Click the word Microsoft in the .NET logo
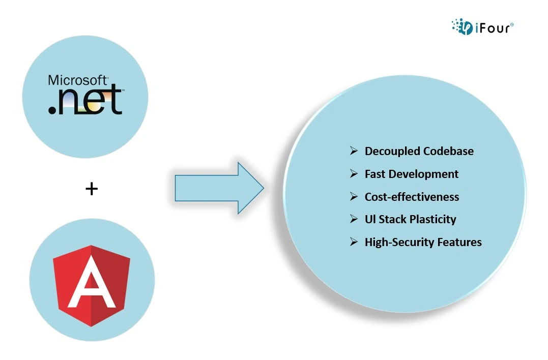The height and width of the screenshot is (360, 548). [77, 80]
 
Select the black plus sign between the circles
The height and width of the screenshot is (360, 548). [92, 189]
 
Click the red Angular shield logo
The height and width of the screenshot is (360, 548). [92, 286]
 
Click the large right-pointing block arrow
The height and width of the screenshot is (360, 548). [219, 188]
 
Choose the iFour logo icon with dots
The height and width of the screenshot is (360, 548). [462, 26]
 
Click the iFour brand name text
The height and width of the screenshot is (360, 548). [494, 28]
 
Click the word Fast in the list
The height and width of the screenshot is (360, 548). [375, 174]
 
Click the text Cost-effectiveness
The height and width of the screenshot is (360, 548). [412, 197]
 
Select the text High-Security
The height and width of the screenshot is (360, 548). [394, 243]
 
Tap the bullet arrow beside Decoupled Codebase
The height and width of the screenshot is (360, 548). [354, 151]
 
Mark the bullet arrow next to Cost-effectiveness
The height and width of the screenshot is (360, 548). [354, 197]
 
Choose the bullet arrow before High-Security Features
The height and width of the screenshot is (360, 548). [354, 242]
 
